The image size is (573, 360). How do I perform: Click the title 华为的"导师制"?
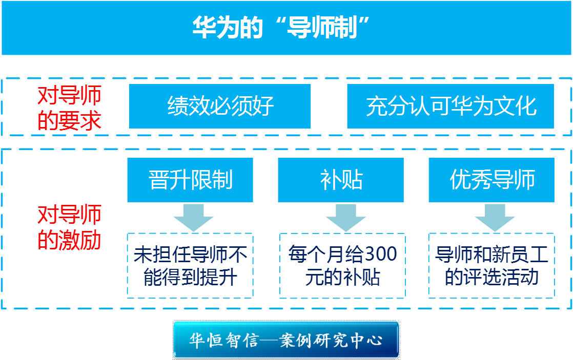[281, 28]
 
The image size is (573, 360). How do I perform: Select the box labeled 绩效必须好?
[220, 106]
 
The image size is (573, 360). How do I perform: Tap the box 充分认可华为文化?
[450, 106]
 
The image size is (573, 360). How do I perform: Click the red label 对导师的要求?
[69, 108]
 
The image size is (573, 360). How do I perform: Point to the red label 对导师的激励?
[69, 227]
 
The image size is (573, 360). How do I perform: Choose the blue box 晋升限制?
[190, 180]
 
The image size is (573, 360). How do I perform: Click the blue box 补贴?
[341, 180]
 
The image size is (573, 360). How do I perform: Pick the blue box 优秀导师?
[492, 180]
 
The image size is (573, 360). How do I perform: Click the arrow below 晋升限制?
[193, 218]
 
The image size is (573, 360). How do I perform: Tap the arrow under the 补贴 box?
[346, 218]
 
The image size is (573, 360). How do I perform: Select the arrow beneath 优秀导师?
[495, 218]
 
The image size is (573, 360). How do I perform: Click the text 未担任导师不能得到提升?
[190, 266]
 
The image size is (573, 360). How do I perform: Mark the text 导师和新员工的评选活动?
[492, 266]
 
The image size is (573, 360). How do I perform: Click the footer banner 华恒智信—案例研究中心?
[286, 340]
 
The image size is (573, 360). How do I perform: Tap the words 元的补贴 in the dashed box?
[343, 278]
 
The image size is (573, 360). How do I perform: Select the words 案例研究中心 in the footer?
[331, 340]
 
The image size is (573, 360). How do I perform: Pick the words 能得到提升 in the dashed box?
[190, 278]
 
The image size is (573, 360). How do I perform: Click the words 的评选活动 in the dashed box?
[492, 278]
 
